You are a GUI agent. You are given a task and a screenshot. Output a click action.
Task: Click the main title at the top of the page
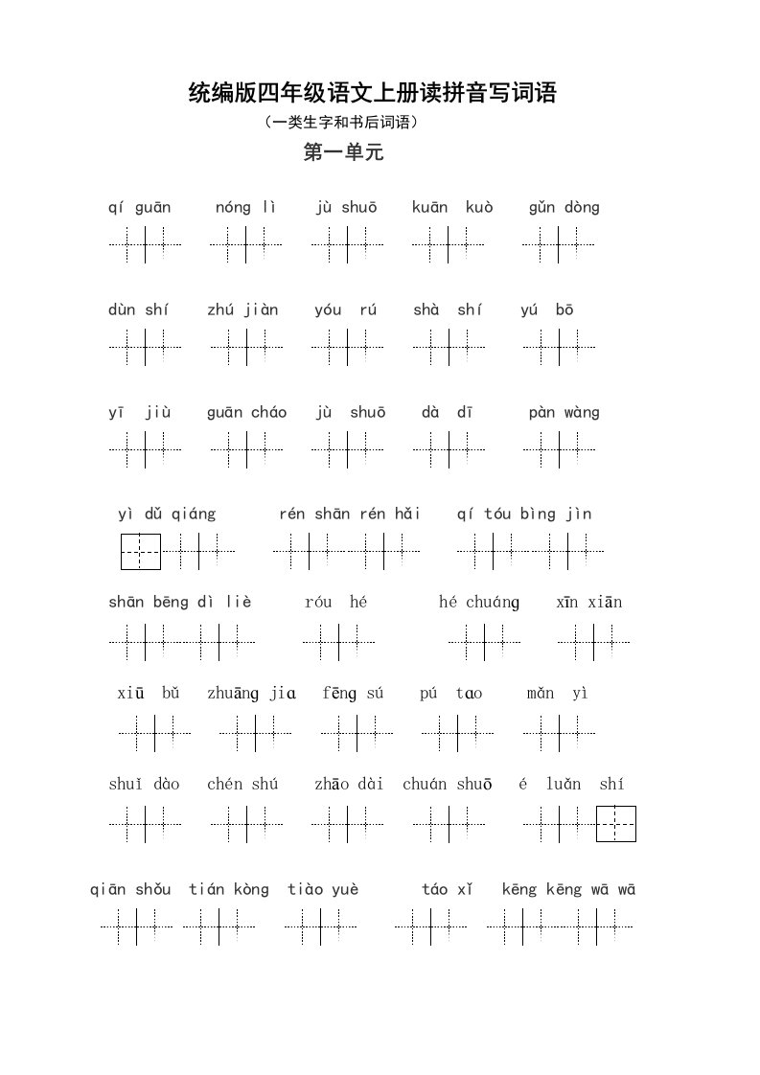pos(373,93)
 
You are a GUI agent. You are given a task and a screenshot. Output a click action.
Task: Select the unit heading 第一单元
pos(343,152)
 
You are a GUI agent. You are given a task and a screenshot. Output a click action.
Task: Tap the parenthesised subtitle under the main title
pos(341,123)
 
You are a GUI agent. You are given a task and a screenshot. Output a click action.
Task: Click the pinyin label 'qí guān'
pos(139,207)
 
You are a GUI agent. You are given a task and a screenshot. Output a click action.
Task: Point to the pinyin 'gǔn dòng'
pos(564,207)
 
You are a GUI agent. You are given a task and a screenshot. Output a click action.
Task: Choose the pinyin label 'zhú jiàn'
pos(242,309)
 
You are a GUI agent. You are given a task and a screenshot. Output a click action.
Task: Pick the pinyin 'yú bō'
pos(547,309)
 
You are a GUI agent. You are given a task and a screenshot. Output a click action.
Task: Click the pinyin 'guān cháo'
pos(246,413)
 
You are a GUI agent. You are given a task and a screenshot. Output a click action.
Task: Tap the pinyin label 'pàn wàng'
pos(564,413)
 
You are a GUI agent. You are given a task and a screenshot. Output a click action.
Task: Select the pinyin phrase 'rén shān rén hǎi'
pos(350,514)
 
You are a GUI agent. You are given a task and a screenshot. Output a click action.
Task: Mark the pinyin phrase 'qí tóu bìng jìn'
pos(524,514)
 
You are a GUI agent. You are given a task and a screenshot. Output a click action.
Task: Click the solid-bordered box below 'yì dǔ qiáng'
pos(141,551)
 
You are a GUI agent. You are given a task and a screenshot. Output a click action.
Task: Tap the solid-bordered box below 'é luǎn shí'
pos(616,824)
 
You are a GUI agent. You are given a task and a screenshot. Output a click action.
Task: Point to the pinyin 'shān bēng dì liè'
pos(180,603)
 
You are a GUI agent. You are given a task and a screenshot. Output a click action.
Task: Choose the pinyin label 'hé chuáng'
pos(479,603)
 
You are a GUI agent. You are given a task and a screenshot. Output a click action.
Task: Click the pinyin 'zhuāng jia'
pos(252,694)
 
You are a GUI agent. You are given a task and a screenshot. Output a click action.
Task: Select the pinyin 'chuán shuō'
pos(448,785)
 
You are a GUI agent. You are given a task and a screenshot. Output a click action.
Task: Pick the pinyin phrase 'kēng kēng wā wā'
pos(568,890)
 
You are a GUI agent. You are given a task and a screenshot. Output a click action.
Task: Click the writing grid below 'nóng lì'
pos(246,244)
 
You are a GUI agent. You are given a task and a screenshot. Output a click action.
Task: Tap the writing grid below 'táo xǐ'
pos(430,926)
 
